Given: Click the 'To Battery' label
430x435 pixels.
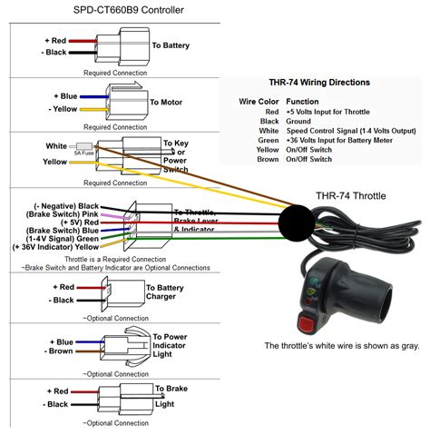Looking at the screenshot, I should pyautogui.click(x=170, y=44).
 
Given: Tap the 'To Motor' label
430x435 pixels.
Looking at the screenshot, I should pyautogui.click(x=166, y=103).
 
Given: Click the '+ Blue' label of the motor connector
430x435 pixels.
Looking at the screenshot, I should pyautogui.click(x=65, y=96).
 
